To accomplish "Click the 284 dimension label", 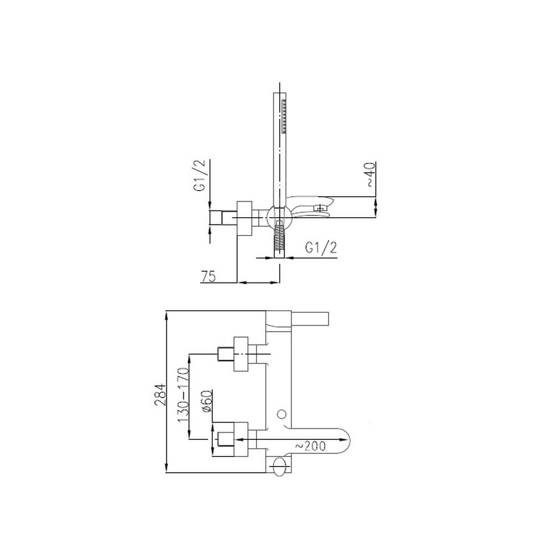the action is (x=160, y=394).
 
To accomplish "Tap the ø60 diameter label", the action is (x=207, y=401).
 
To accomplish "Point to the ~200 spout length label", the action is (x=310, y=446).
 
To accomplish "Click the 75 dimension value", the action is (x=208, y=276).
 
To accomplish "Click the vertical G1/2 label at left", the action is (x=199, y=175).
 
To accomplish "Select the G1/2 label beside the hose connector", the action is (x=321, y=248).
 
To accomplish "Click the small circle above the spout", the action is (x=281, y=414).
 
